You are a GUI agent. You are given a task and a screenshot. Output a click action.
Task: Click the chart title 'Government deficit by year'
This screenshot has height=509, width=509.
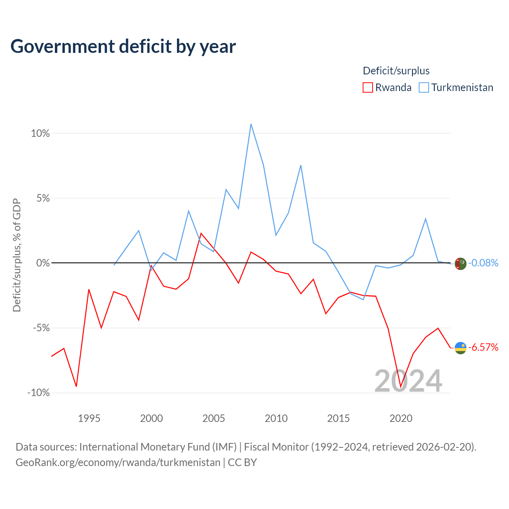(123, 47)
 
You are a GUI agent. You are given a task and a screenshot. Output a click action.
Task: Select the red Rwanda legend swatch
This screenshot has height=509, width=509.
(367, 87)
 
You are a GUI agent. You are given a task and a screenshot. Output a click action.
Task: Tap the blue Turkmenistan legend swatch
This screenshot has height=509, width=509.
(424, 87)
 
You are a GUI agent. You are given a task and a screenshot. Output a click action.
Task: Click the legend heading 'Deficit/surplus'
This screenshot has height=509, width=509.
(396, 71)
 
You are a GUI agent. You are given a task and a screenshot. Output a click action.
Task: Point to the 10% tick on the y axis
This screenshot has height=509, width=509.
(40, 133)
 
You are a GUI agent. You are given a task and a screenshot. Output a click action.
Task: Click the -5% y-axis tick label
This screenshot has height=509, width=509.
(41, 328)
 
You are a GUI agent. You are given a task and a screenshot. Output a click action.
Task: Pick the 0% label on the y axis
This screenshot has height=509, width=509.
(43, 263)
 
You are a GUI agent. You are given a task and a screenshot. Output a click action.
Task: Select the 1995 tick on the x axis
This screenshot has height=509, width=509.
(89, 418)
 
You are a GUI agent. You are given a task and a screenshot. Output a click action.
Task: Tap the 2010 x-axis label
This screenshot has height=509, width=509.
(276, 418)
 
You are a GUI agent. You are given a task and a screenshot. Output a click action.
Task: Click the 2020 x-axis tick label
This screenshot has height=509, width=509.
(401, 418)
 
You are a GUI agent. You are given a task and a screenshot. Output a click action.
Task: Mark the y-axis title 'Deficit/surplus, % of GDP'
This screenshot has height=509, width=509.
(17, 255)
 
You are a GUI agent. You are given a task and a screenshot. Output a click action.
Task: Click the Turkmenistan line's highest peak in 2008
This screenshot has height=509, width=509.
(251, 124)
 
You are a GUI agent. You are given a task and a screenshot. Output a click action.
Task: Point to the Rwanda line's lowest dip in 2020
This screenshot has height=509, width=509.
(401, 387)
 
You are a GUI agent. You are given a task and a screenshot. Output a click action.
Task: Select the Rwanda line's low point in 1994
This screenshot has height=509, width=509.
(76, 387)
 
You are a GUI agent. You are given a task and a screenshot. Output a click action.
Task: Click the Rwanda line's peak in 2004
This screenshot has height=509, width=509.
(201, 233)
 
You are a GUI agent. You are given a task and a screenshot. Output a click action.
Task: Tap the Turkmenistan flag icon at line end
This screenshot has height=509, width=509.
(460, 264)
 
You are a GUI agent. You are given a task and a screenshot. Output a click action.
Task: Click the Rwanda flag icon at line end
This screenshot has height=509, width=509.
(460, 348)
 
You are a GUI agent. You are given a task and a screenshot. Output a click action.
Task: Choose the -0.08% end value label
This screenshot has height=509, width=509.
(483, 263)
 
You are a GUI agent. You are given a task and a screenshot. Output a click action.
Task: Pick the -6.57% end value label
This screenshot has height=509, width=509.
(483, 347)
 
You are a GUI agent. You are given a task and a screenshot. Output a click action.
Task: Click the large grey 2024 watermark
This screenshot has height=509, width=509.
(408, 381)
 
